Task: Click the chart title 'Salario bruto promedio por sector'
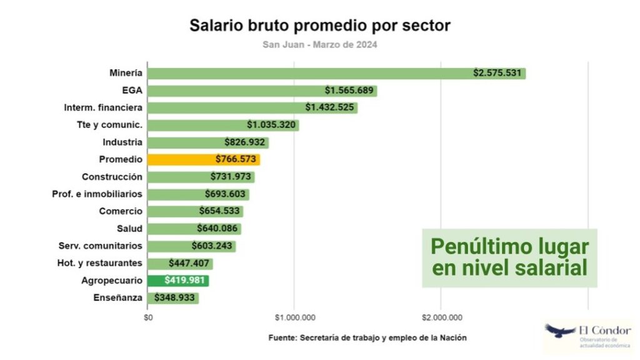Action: click(320, 26)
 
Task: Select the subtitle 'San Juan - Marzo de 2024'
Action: click(319, 45)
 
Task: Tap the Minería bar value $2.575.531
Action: click(497, 73)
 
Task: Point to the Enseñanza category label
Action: click(118, 298)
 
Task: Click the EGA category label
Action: click(132, 91)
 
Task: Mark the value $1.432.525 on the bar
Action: click(330, 107)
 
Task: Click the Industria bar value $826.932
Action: click(246, 142)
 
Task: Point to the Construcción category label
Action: click(112, 177)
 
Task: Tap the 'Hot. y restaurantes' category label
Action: click(98, 263)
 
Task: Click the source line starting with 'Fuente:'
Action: click(367, 337)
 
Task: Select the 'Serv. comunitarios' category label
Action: click(101, 246)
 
